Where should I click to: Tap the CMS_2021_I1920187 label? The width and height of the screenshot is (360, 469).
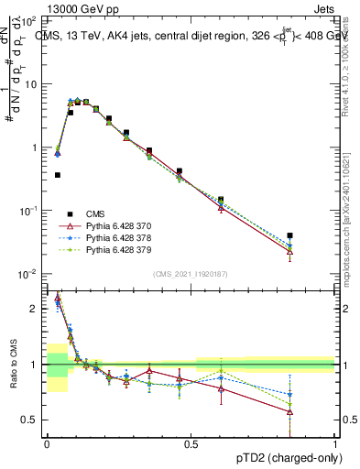(x=189, y=273)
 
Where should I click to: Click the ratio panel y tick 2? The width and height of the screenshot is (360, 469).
(x=38, y=309)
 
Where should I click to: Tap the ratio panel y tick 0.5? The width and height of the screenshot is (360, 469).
(x=34, y=420)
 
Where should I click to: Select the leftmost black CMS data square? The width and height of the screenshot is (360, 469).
(x=58, y=175)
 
